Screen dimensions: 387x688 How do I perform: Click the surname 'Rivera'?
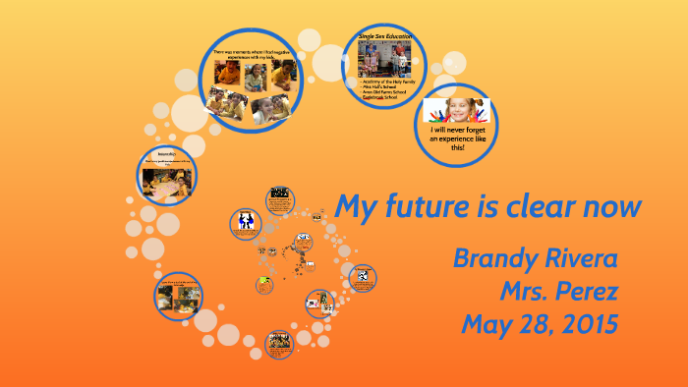582,259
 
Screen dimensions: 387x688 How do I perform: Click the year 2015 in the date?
585,324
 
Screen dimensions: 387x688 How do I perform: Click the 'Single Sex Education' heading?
385,36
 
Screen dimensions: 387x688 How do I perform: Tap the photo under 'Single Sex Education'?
385,61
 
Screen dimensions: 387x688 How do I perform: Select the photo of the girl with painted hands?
455,108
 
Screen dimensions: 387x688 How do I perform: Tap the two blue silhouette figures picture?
244,222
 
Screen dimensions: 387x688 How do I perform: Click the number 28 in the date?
536,324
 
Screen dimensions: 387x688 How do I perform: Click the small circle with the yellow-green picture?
263,285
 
